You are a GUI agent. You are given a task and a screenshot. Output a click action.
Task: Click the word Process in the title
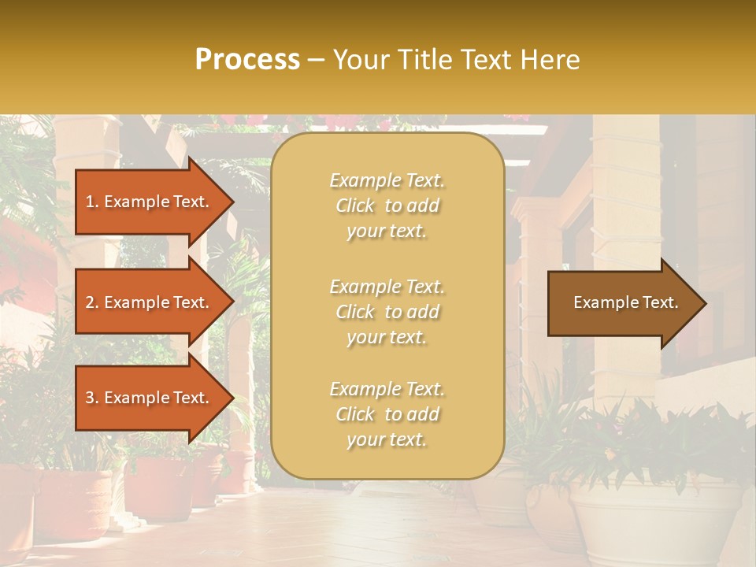[x=247, y=60]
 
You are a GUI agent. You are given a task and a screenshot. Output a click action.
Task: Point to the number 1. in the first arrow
[x=92, y=202]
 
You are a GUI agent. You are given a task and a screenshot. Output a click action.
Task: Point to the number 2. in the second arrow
[x=92, y=302]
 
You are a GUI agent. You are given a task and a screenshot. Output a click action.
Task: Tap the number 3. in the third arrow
[x=92, y=398]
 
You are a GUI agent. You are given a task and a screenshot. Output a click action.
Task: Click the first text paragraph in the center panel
[x=387, y=206]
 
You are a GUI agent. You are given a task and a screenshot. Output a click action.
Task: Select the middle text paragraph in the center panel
[x=387, y=312]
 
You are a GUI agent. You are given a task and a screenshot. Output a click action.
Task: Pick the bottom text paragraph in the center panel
[x=387, y=414]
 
